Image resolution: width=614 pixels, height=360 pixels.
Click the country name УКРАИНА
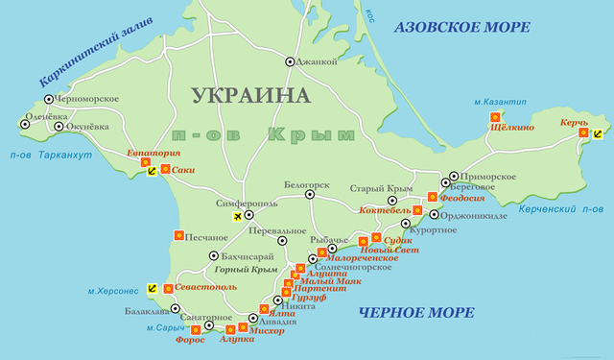[x=251, y=96]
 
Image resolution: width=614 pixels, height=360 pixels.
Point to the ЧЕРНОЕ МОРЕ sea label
[x=415, y=313]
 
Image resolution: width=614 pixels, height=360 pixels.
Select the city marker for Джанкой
[x=290, y=61]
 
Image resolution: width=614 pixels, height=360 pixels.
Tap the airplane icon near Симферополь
[x=238, y=219]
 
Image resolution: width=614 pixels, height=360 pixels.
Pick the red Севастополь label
[x=205, y=287]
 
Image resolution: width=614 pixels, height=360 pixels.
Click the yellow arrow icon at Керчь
[x=599, y=134]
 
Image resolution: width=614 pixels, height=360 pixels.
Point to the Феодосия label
[x=463, y=197]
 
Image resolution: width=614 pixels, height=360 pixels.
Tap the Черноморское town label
[x=86, y=98]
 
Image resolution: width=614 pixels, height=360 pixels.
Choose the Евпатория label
[x=153, y=153]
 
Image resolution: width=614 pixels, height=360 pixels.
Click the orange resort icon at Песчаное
[x=178, y=235]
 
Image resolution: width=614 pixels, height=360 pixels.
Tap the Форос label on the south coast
[x=190, y=338]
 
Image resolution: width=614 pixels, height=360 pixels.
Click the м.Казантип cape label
[x=495, y=100]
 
